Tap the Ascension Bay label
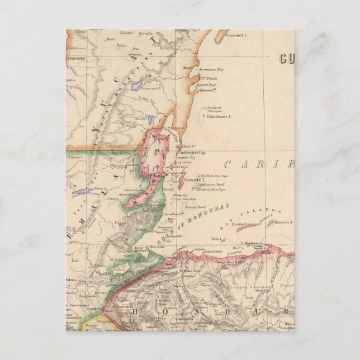point(211,70)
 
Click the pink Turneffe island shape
point(182,179)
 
